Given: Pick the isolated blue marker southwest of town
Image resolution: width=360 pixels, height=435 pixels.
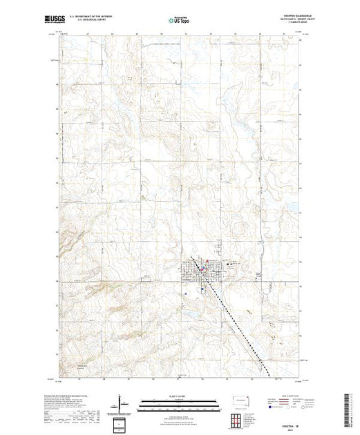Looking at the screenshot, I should pyautogui.click(x=187, y=291).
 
